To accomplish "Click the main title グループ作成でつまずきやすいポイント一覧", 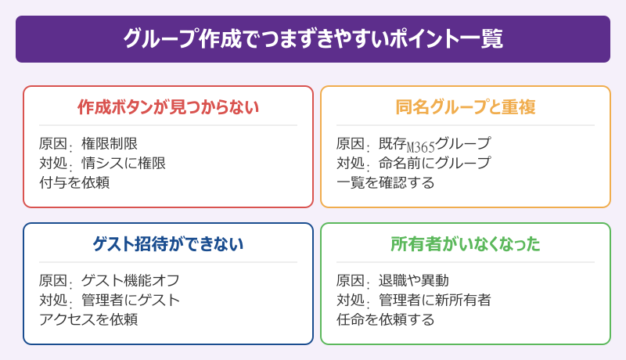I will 312,39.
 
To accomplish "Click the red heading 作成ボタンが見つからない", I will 167,107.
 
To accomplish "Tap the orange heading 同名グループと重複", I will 465,107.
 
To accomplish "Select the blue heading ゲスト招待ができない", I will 167,244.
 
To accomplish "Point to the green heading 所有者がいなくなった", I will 465,244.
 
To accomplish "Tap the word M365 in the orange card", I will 420,146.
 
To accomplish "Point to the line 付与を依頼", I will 74,182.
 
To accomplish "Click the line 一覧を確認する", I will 385,182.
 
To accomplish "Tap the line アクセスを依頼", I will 88,319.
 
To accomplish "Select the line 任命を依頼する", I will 385,319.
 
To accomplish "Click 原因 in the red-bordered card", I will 52,144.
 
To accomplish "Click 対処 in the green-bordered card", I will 351,300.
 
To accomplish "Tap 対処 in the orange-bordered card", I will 351,163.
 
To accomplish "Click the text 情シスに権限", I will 124,163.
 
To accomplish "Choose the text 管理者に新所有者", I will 434,300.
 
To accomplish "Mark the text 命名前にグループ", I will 434,163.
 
